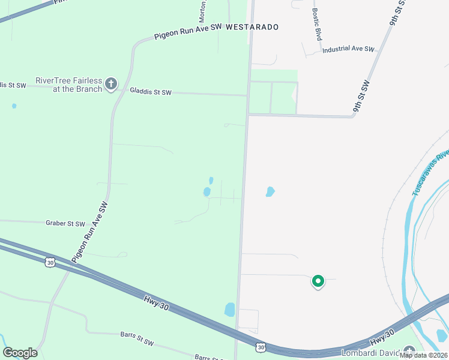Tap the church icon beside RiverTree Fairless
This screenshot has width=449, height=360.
point(110,84)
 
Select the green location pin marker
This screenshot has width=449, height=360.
point(318,281)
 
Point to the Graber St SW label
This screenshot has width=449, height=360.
point(65,223)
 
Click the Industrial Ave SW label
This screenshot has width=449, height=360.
point(348,50)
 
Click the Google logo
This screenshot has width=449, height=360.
point(20,353)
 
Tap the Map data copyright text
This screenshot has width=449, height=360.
point(423,355)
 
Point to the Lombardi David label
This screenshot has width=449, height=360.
point(371,352)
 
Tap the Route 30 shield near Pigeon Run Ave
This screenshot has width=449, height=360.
point(50,262)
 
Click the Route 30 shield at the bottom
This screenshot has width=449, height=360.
point(261,347)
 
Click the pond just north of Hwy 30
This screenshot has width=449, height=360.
point(229,310)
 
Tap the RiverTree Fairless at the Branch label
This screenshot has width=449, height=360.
point(69,85)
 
